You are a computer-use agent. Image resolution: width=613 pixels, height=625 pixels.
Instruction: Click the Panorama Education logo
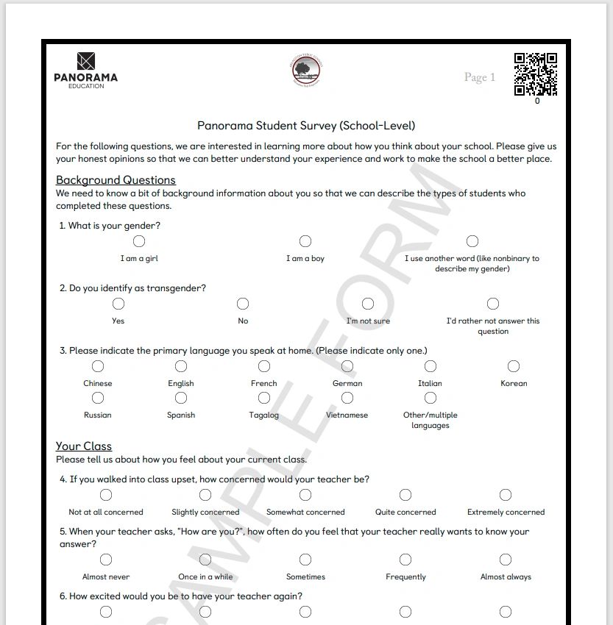pos(85,71)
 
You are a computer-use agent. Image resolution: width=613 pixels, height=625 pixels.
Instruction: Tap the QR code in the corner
pos(535,74)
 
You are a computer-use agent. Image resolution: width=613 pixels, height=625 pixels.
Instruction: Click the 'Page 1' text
pos(480,77)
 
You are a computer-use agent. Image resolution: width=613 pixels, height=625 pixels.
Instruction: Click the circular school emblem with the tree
pos(305,71)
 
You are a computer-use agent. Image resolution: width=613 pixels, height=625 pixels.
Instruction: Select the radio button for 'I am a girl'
pos(138,241)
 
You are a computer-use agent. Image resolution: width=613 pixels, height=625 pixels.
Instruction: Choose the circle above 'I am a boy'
pos(305,241)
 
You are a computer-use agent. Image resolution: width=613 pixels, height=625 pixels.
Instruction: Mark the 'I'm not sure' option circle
pos(368,304)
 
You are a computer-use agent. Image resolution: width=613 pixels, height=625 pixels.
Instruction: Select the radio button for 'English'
pos(181,366)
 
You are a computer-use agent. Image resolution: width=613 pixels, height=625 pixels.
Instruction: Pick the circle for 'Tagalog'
pos(264,398)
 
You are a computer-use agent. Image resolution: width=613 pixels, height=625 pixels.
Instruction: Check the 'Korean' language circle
pos(514,366)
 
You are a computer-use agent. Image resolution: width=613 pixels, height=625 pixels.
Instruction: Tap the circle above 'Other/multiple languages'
pos(430,398)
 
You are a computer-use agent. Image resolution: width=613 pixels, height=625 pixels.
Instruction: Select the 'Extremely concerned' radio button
pos(506,495)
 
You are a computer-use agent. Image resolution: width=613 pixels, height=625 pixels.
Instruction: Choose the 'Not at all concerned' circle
pos(106,495)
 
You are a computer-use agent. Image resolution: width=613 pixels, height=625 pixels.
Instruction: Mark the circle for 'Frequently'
pos(405,560)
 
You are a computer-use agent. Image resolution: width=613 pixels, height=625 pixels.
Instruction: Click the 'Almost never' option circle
pos(106,560)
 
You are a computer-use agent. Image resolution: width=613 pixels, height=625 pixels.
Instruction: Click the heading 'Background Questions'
pos(116,180)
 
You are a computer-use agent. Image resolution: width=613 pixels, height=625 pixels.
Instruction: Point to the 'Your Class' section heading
pos(84,446)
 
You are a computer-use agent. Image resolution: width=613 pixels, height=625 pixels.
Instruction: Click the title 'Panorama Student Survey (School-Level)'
pos(306,126)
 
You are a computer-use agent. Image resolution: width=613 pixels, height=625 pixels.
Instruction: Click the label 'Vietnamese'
pos(347,415)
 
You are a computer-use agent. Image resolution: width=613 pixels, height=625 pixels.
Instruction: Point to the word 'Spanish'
pos(181,415)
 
